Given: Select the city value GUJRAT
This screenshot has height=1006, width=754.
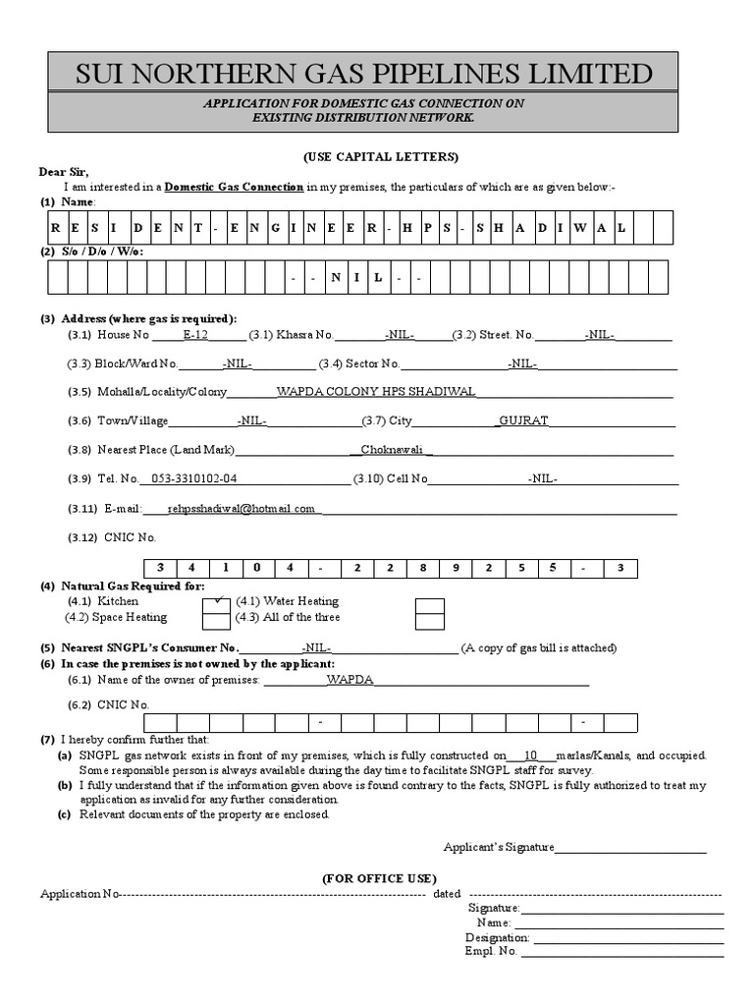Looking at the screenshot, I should [x=523, y=420].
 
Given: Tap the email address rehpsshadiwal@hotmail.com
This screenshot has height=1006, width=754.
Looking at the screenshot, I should [x=241, y=509].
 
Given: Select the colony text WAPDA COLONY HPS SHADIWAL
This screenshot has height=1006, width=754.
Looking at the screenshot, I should [x=376, y=391].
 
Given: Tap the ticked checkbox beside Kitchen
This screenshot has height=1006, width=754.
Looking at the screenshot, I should [x=217, y=603].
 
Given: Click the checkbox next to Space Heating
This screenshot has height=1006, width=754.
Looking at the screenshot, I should [x=217, y=619].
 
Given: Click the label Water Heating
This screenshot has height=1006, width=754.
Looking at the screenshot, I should [x=293, y=600].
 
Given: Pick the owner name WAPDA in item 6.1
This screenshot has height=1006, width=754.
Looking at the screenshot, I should [x=350, y=679].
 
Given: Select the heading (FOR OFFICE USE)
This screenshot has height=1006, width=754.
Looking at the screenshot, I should [x=380, y=878].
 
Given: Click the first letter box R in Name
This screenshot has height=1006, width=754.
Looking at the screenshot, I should [x=57, y=227].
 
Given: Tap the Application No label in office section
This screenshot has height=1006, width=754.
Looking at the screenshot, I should [x=79, y=894].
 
